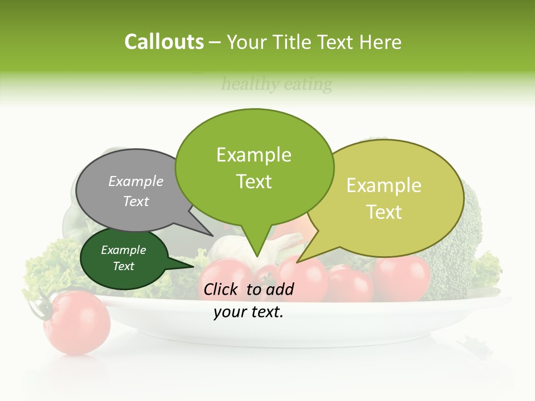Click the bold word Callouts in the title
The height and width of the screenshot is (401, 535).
click(164, 42)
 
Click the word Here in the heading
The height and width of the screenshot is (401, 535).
click(381, 42)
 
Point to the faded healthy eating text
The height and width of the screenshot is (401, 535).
click(276, 85)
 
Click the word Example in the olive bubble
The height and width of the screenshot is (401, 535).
click(383, 185)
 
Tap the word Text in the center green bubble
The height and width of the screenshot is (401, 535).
click(254, 182)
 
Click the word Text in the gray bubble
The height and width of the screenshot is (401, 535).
click(136, 202)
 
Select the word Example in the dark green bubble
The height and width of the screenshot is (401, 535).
click(123, 250)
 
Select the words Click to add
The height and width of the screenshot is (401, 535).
click(249, 289)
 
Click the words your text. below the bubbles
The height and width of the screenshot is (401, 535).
click(249, 312)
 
